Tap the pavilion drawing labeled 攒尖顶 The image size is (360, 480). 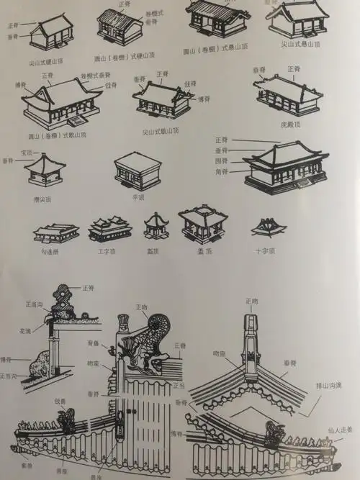tap(45, 172)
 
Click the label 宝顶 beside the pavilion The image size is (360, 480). tap(27, 153)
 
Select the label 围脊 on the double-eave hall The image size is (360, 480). tap(222, 162)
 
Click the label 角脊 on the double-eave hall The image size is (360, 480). tap(222, 171)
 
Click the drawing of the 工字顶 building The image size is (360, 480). tap(109, 229)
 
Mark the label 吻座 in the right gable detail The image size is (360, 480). tap(220, 354)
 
